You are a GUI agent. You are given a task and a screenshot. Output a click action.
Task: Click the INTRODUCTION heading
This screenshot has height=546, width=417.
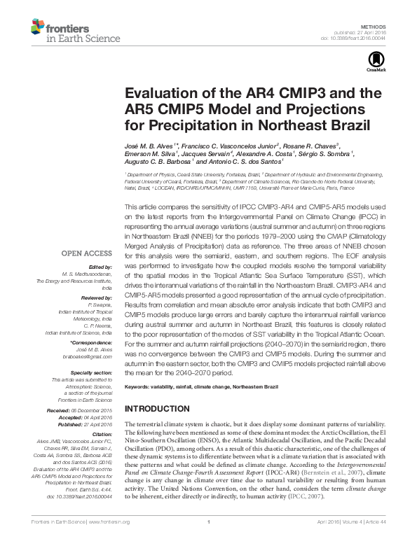pos(159,408)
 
